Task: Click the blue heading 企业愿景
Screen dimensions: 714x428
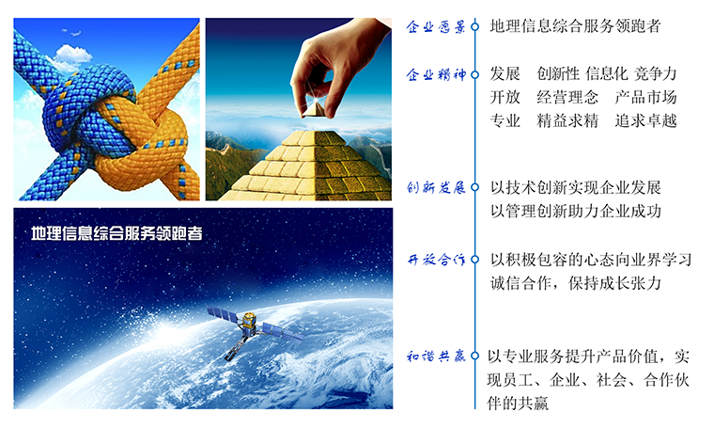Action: [x=436, y=27]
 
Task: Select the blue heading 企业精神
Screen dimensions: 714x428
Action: [x=436, y=74]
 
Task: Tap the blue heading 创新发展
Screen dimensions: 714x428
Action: [x=436, y=187]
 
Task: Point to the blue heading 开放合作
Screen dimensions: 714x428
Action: [x=436, y=260]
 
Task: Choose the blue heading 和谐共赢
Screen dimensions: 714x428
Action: [x=436, y=356]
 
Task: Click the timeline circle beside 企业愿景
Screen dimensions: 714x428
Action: [x=475, y=27]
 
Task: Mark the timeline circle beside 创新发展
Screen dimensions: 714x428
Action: [x=475, y=187]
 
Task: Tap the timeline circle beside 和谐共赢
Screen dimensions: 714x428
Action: [x=475, y=356]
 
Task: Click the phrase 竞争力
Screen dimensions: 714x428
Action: [x=655, y=73]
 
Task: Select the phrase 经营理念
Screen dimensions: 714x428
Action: [x=567, y=97]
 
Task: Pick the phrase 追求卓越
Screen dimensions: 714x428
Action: [x=645, y=120]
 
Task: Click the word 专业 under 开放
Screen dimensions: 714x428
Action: [x=505, y=120]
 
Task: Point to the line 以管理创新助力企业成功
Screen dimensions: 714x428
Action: [x=576, y=211]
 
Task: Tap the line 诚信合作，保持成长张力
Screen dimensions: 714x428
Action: [x=576, y=283]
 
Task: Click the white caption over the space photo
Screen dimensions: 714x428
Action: [x=116, y=233]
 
